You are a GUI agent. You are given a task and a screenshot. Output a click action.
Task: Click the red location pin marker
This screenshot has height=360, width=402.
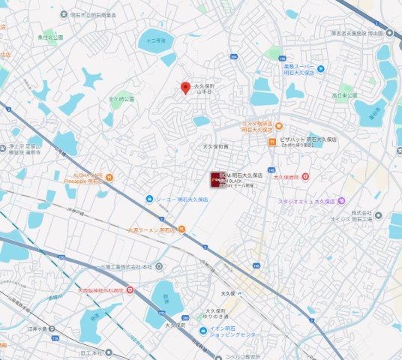(185, 87)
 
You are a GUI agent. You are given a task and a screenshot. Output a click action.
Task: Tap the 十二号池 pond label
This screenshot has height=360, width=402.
(156, 40)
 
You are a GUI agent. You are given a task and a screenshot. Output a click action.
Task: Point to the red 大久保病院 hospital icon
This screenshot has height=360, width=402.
(305, 176)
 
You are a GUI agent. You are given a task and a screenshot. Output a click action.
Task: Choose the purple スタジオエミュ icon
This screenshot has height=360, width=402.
(341, 201)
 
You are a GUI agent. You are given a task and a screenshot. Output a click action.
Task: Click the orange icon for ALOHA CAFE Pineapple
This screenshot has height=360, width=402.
(109, 178)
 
